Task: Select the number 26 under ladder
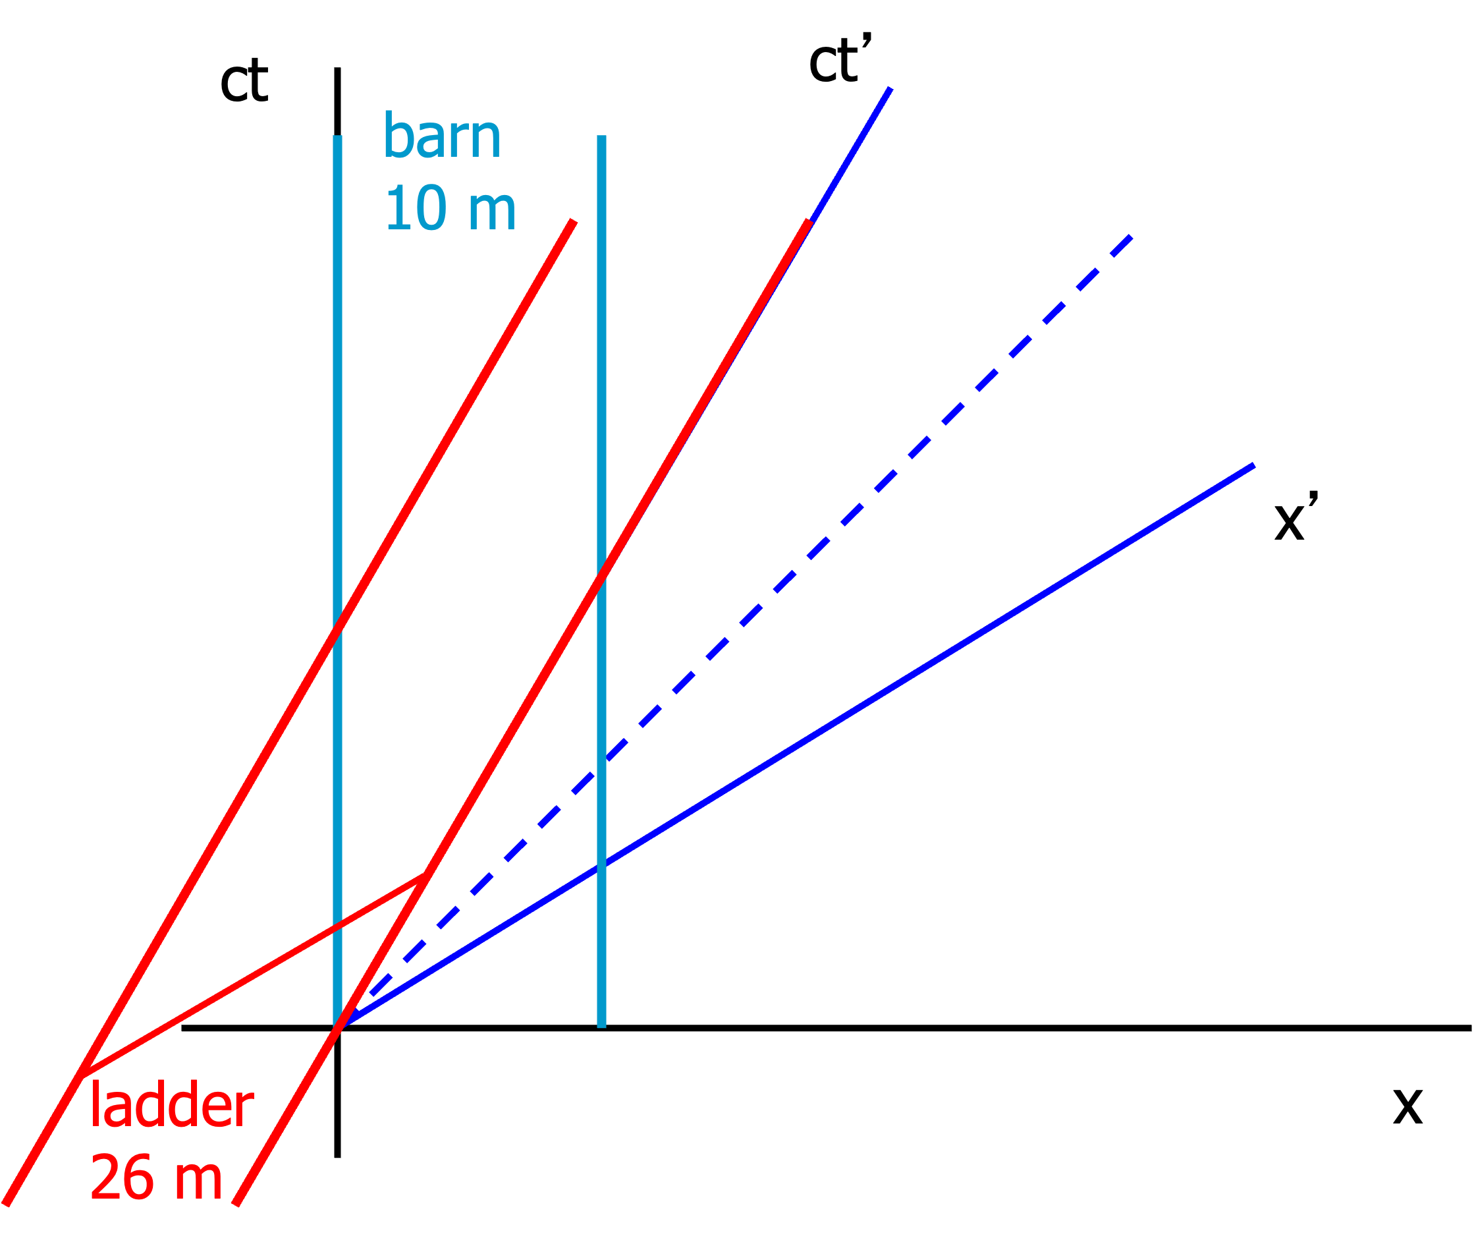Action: coord(121,1177)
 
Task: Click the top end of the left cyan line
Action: coord(338,137)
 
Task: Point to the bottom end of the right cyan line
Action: coord(601,1026)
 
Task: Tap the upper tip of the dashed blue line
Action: coord(1131,237)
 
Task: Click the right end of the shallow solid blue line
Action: coord(1253,466)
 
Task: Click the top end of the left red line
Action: coord(574,221)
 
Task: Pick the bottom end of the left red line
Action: coord(6,1204)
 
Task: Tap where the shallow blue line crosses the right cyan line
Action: coord(601,865)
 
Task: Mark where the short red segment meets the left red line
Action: coord(81,1075)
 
